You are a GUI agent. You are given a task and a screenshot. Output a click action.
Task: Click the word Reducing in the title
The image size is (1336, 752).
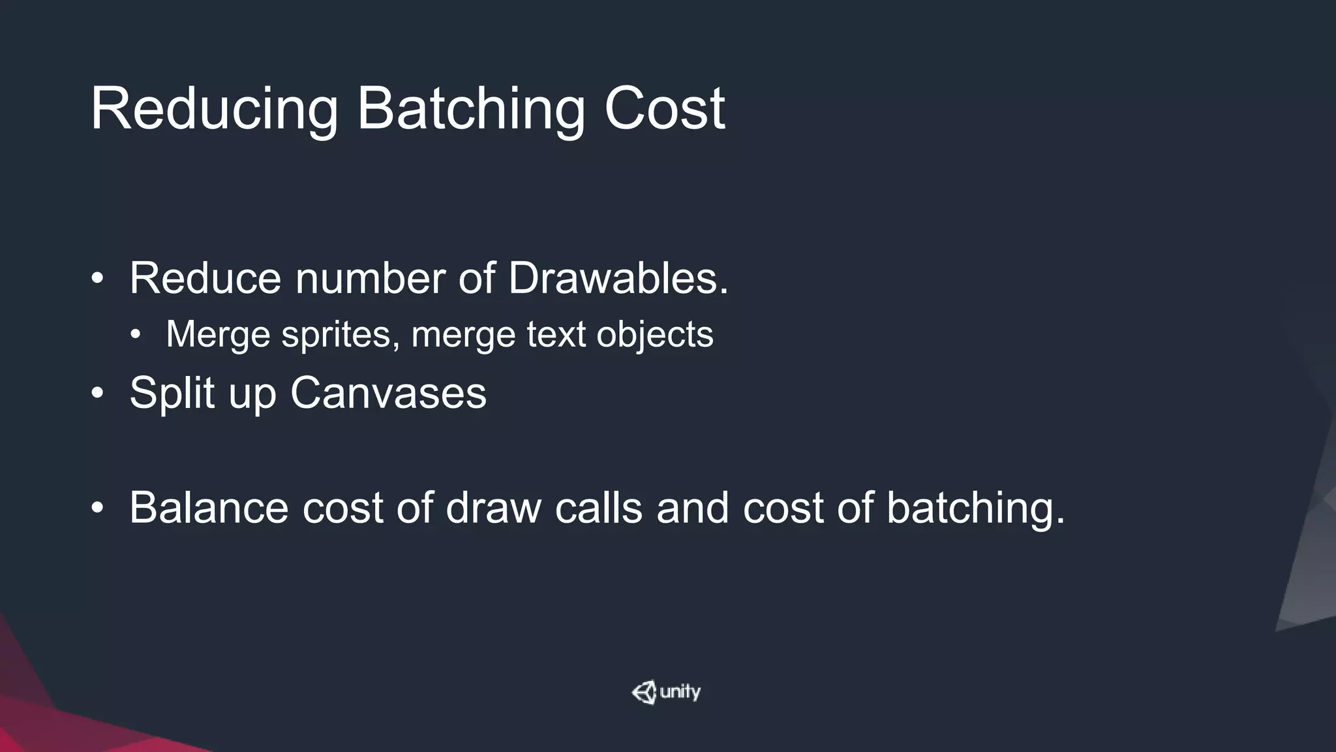click(215, 110)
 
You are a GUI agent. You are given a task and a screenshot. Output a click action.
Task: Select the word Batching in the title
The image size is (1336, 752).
click(470, 110)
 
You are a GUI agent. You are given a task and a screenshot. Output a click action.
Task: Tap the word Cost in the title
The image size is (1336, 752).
click(665, 108)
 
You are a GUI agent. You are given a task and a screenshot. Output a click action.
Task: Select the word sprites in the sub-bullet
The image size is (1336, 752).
click(341, 335)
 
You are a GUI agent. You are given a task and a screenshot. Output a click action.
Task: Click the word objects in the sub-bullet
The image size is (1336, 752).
click(655, 335)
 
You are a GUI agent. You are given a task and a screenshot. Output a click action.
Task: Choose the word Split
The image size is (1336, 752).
click(172, 393)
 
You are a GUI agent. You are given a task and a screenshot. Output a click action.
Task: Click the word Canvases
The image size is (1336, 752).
click(388, 393)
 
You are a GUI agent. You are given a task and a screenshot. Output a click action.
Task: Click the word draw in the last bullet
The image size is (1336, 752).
click(493, 507)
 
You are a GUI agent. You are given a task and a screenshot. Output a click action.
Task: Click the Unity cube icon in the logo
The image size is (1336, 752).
click(644, 693)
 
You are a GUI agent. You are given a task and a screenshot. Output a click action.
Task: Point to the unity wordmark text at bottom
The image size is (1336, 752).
click(680, 692)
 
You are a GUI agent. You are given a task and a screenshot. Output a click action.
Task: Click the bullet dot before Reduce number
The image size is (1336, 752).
click(97, 279)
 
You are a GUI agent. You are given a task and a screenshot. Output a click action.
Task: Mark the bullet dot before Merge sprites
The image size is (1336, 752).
click(135, 336)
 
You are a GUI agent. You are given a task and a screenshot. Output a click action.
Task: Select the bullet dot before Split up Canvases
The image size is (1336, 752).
click(97, 394)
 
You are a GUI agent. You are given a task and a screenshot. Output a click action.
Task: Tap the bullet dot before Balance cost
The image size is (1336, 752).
click(97, 508)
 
